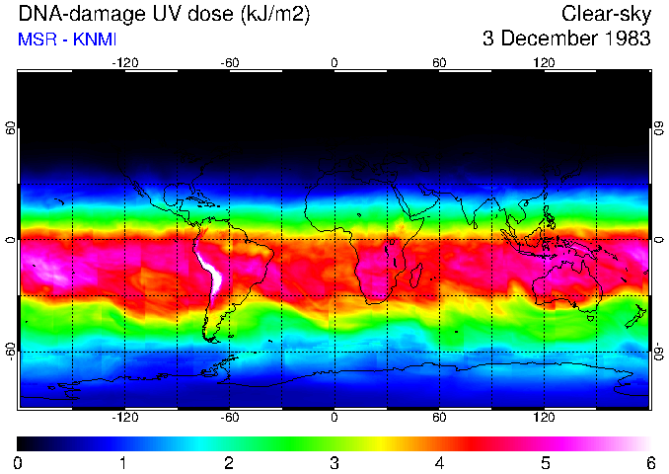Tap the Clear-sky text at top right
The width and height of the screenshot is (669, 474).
pos(606,15)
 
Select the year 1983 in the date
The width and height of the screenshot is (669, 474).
pos(629,39)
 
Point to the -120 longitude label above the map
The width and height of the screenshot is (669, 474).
pos(124,62)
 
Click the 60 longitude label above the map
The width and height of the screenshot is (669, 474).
pos(439,62)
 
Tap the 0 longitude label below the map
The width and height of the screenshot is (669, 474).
pos(334,418)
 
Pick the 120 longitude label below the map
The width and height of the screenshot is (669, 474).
pos(544,418)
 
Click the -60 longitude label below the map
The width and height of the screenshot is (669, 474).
pos(229,418)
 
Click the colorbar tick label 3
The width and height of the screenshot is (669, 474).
pos(334,462)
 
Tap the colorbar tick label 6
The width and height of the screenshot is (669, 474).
pos(649,462)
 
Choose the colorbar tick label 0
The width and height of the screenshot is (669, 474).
pos(19,462)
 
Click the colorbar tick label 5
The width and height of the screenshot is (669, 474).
pos(544,462)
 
